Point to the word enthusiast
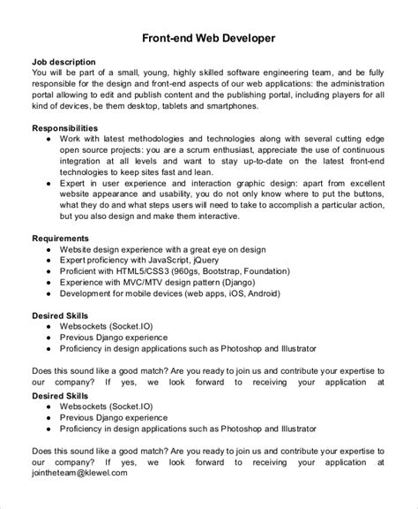tap(262, 150)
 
